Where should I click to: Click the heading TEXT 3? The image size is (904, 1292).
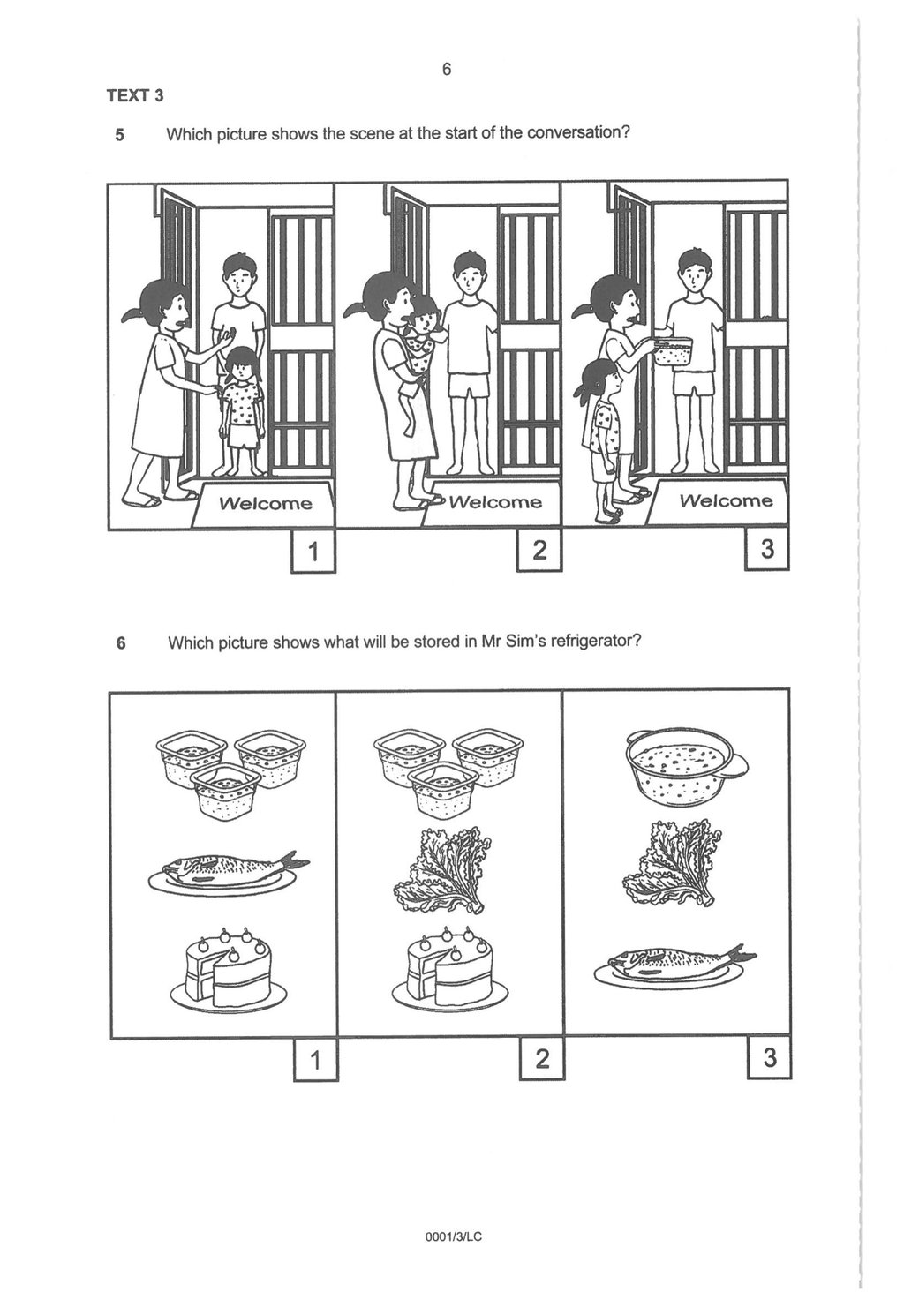pos(135,95)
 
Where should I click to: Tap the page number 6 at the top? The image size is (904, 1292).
pos(447,69)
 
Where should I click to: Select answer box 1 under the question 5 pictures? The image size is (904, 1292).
pos(313,552)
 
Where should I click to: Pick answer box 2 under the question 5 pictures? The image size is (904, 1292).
pos(539,551)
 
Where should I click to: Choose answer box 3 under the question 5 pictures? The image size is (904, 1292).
pos(766,549)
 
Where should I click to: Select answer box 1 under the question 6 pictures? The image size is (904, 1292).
pos(315,1060)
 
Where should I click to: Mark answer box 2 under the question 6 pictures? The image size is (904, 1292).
pos(542,1058)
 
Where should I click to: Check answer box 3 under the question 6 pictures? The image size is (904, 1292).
pos(770,1057)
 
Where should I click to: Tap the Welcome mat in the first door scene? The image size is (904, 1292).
pos(264,504)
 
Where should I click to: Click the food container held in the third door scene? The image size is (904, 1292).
pos(672,350)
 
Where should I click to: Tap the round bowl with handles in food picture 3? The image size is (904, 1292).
pos(685,767)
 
